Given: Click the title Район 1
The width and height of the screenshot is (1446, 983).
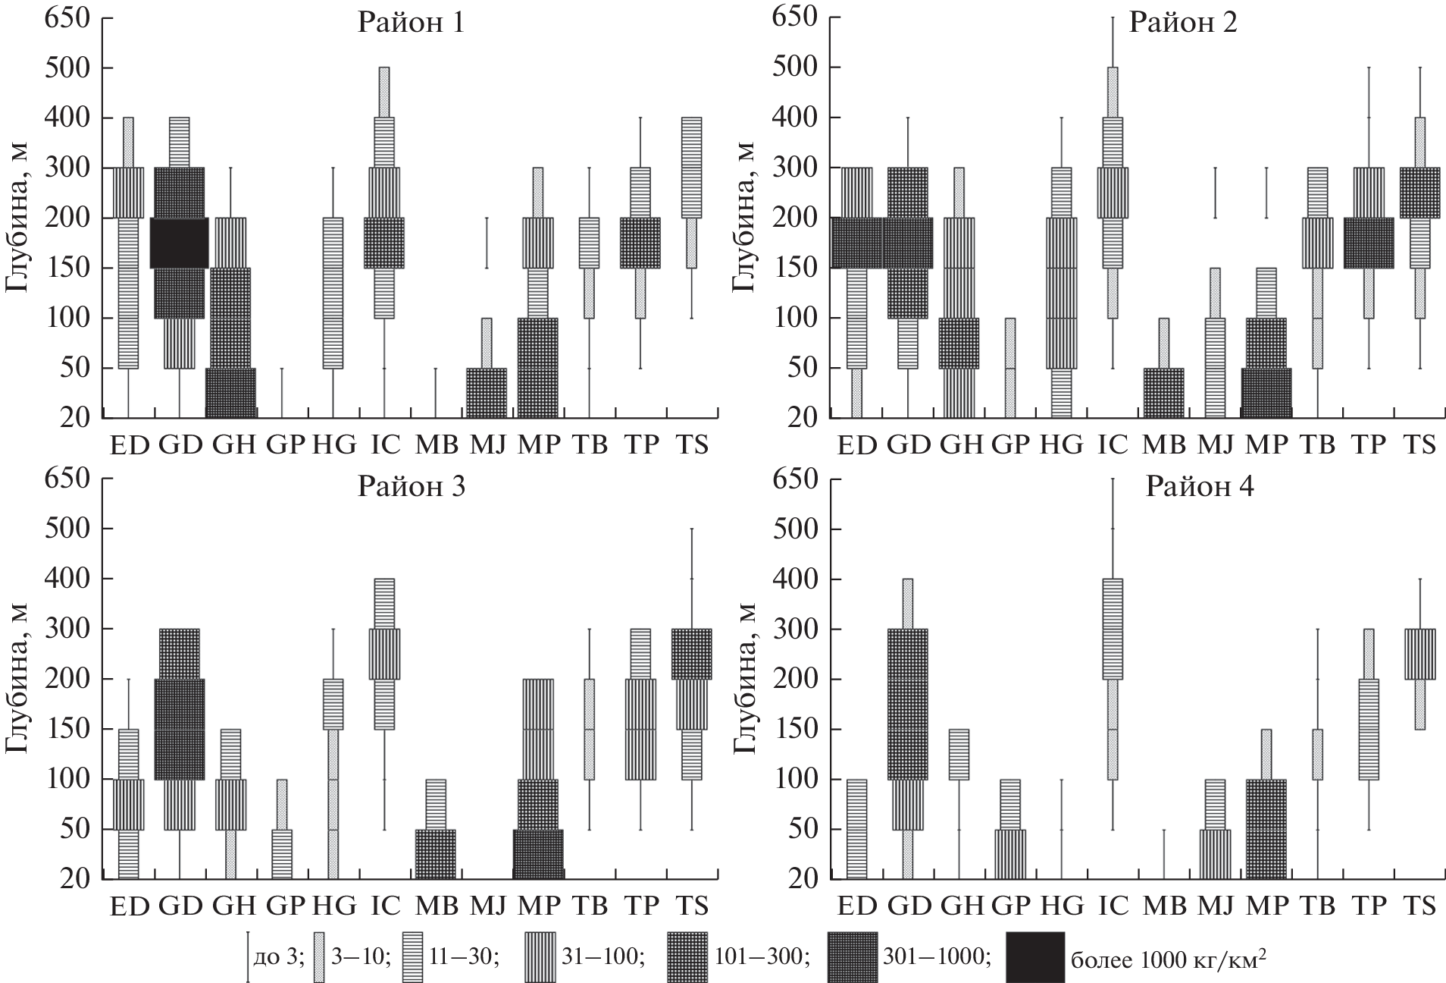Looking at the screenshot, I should coord(410,24).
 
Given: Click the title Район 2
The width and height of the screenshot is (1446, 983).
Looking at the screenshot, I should coord(1183,24).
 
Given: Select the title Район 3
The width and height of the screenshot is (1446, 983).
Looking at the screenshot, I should coord(410,485).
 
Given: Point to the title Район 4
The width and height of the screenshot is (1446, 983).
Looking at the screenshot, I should coord(1199,485).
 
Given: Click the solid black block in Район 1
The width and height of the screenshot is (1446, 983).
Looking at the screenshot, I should coord(179,242).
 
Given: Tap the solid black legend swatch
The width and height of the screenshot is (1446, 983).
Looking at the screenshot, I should coord(1034,957).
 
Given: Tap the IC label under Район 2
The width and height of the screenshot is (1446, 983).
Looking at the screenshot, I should coord(1113,444).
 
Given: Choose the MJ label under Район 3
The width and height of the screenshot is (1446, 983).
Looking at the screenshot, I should coord(488,906).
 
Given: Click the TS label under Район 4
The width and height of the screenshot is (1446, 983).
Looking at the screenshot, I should coord(1419,906).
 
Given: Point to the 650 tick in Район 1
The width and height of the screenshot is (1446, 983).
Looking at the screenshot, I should coord(67,17).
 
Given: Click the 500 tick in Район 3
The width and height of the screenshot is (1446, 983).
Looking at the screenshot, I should coord(67,529).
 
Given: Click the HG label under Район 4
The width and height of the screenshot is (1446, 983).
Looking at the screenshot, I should coord(1061,906).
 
